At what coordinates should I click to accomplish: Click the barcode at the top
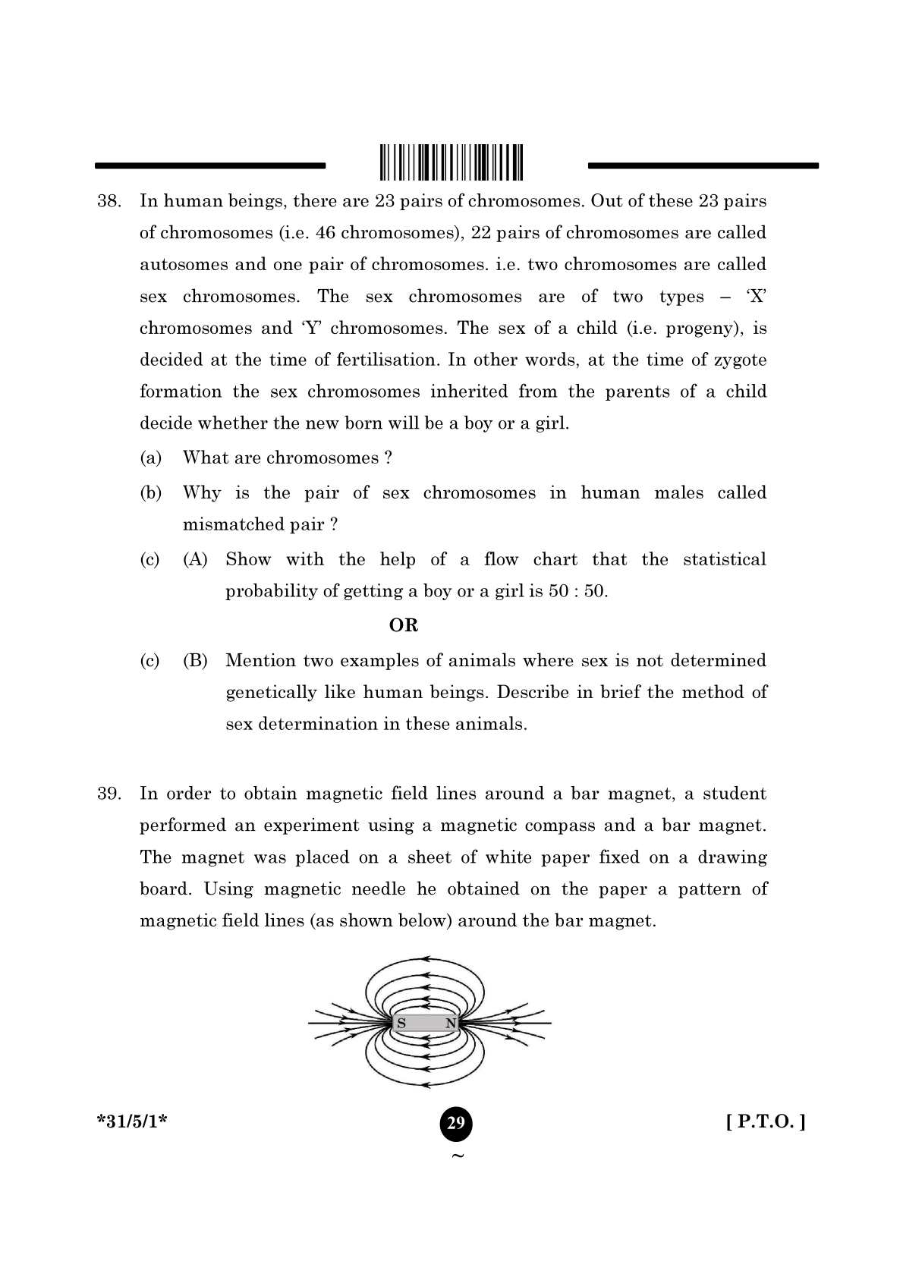tap(451, 162)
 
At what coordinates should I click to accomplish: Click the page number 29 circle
tap(455, 1123)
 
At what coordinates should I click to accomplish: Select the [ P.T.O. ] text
tap(765, 1121)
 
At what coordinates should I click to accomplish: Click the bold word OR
tap(403, 626)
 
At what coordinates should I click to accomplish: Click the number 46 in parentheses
tap(326, 233)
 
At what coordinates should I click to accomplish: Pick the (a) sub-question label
tap(151, 458)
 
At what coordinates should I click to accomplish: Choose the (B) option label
tap(195, 661)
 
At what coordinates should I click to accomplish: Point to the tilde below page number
tap(457, 1156)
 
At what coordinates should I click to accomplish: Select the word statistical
tap(724, 560)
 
